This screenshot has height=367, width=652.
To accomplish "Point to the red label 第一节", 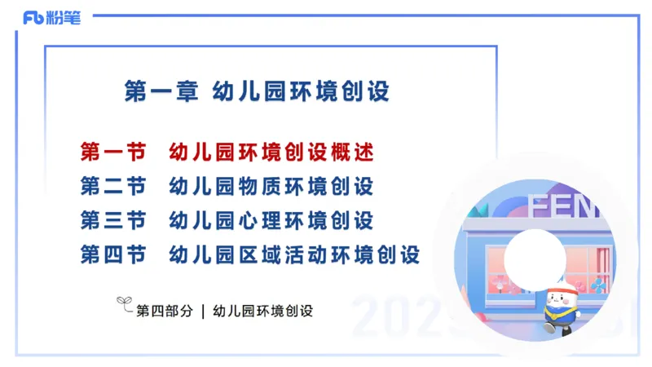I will tap(113, 152).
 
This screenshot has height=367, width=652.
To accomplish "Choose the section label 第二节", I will tap(113, 186).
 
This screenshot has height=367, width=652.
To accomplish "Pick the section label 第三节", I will tap(113, 220).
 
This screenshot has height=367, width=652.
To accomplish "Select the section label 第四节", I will tap(113, 254).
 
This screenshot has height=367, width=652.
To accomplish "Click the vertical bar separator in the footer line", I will tap(202, 311).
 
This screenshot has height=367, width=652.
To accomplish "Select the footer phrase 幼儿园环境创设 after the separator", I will tap(262, 311).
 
